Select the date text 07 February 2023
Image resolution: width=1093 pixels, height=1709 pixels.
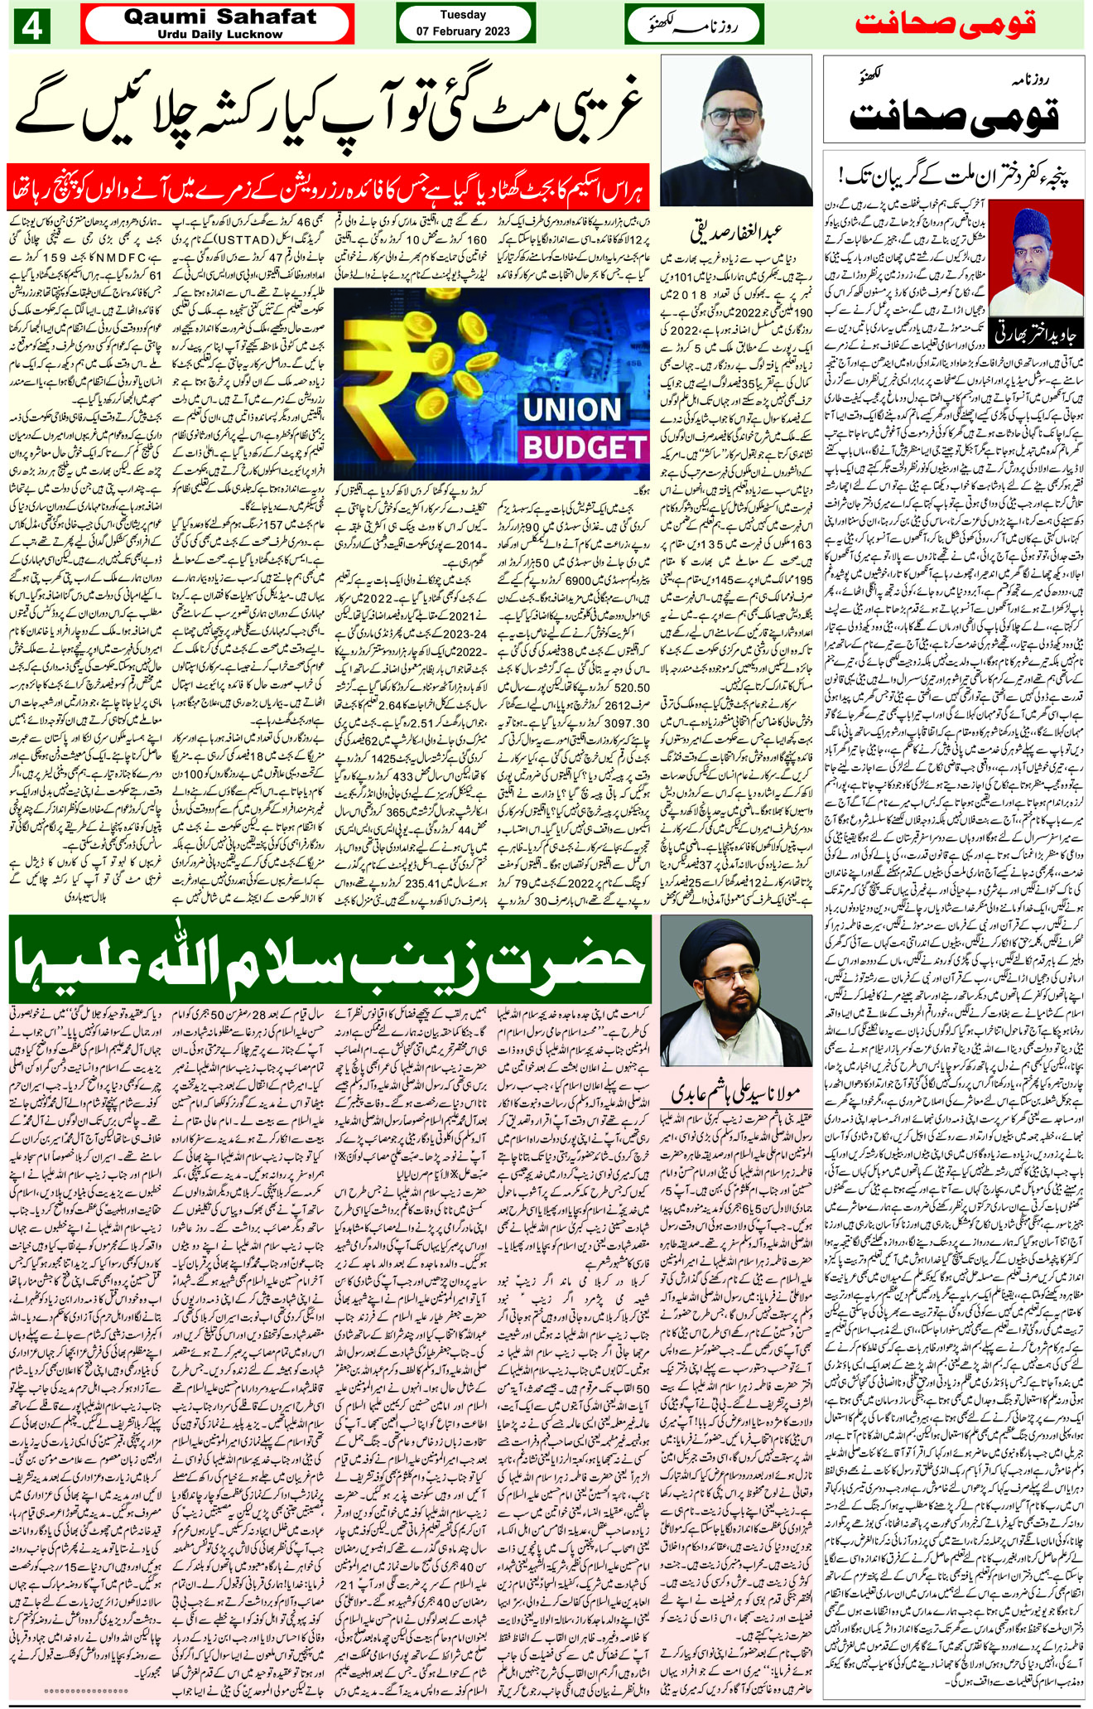click(464, 31)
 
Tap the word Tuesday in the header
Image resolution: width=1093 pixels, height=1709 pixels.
click(464, 14)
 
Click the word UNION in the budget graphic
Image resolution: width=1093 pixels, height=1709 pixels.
click(572, 410)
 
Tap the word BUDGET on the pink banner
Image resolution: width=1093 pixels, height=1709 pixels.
click(584, 447)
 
